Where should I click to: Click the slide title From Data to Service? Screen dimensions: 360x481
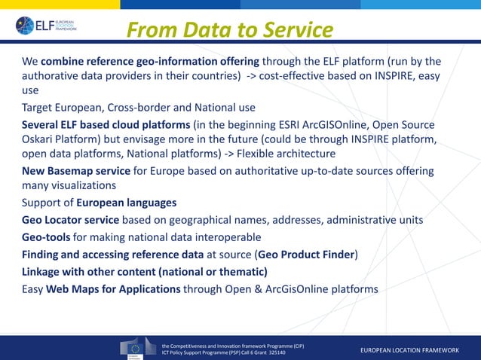pos(229,29)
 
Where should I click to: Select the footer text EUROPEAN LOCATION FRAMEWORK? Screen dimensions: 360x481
pos(409,351)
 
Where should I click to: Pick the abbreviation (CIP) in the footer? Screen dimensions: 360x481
pos(293,343)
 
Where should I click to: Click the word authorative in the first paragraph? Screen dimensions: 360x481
pos(53,76)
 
